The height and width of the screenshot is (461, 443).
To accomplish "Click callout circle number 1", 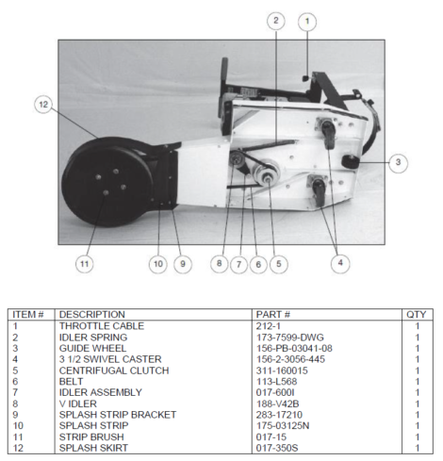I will [x=307, y=21].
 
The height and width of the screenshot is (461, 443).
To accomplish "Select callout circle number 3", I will [x=398, y=162].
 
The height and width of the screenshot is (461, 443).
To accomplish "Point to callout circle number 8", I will [x=219, y=264].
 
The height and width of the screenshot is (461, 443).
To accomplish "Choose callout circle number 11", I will [x=84, y=264].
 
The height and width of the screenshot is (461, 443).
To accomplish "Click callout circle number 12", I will [x=43, y=105].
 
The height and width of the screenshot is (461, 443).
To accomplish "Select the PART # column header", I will [x=272, y=315].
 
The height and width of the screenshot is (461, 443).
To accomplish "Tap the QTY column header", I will [x=416, y=315].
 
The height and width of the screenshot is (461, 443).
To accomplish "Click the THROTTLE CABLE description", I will [x=97, y=326].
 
